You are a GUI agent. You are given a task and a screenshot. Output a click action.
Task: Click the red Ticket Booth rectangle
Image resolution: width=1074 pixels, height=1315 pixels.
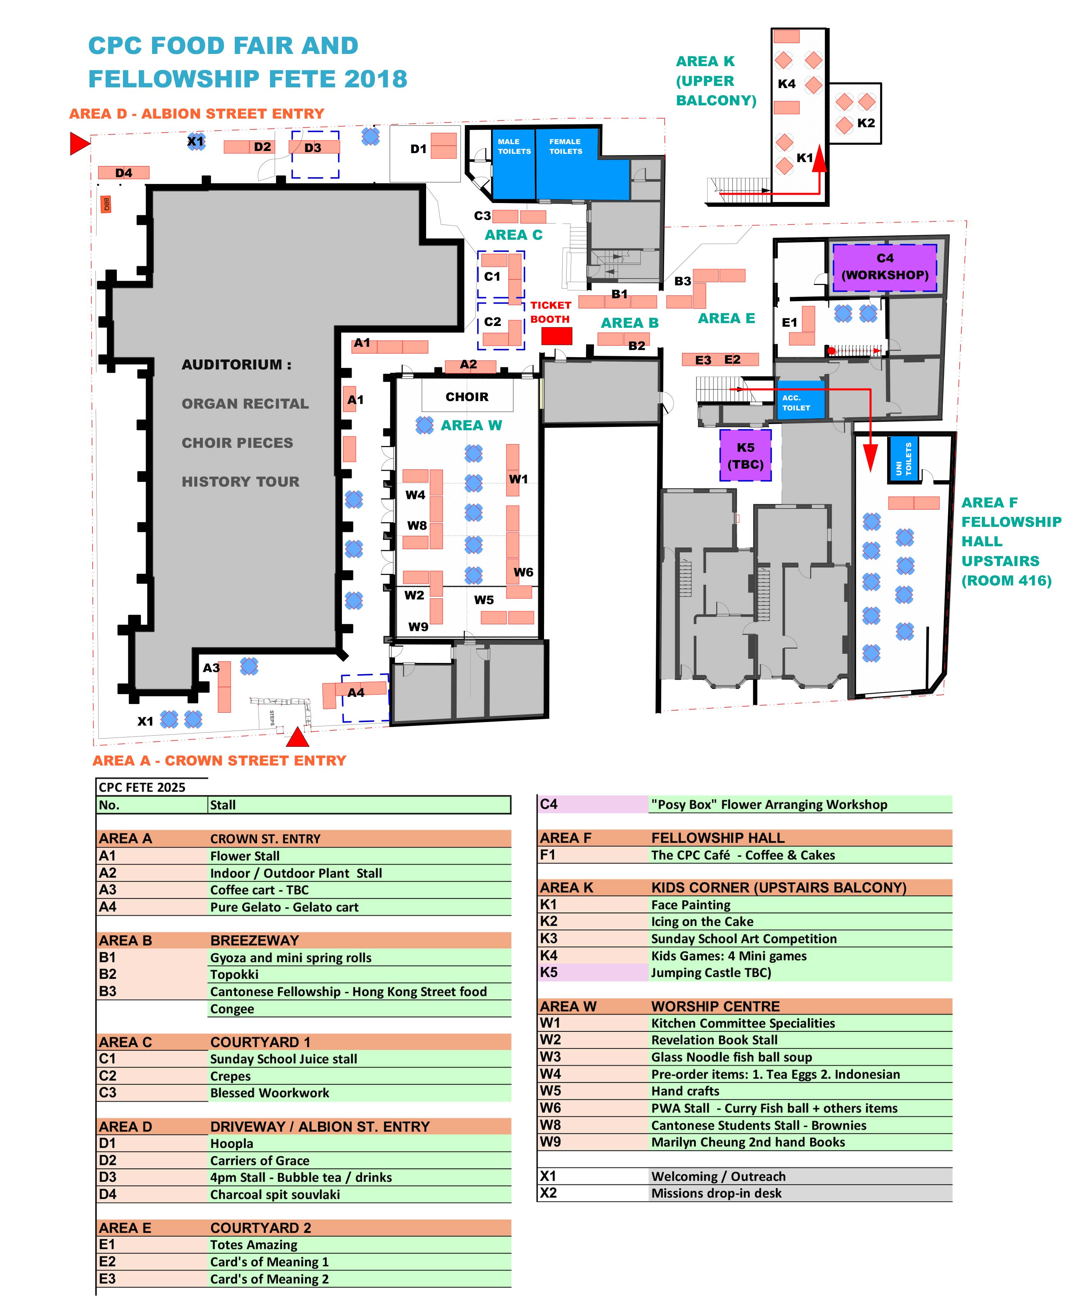[x=556, y=336]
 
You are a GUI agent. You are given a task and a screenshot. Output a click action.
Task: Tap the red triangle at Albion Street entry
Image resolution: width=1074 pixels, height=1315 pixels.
[x=79, y=143]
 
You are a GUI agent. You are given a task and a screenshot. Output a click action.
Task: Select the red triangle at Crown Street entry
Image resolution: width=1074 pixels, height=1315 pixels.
[x=298, y=737]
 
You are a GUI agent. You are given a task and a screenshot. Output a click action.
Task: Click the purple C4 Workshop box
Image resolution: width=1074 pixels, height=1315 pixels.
[x=884, y=267]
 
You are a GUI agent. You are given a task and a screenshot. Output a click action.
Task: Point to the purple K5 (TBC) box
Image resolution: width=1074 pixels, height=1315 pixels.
[x=745, y=456]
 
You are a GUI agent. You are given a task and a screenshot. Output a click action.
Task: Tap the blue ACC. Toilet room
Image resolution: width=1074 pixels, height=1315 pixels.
[x=800, y=401]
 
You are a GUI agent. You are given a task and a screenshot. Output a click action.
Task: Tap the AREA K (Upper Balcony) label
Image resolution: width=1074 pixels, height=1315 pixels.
[x=716, y=81]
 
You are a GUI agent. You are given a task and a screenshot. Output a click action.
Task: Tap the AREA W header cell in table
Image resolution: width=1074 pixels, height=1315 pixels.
[x=568, y=1006]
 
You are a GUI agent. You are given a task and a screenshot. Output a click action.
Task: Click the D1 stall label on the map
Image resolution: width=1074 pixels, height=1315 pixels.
[x=418, y=148]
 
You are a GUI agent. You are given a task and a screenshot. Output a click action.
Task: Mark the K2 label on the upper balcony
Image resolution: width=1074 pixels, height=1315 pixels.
[x=865, y=123]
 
